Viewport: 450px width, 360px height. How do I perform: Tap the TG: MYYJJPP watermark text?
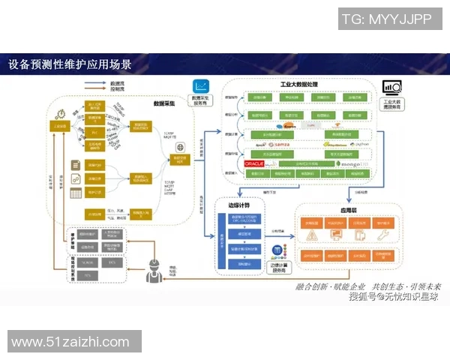coord(386,19)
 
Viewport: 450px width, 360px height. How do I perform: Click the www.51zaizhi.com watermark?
coord(70,342)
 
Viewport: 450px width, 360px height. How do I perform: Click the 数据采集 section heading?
coord(164,103)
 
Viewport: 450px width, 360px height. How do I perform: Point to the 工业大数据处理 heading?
coord(300,85)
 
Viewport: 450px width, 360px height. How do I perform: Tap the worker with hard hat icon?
coord(154,266)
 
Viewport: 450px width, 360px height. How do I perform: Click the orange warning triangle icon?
coord(312,237)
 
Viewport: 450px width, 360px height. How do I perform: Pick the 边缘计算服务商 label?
coord(277,267)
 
